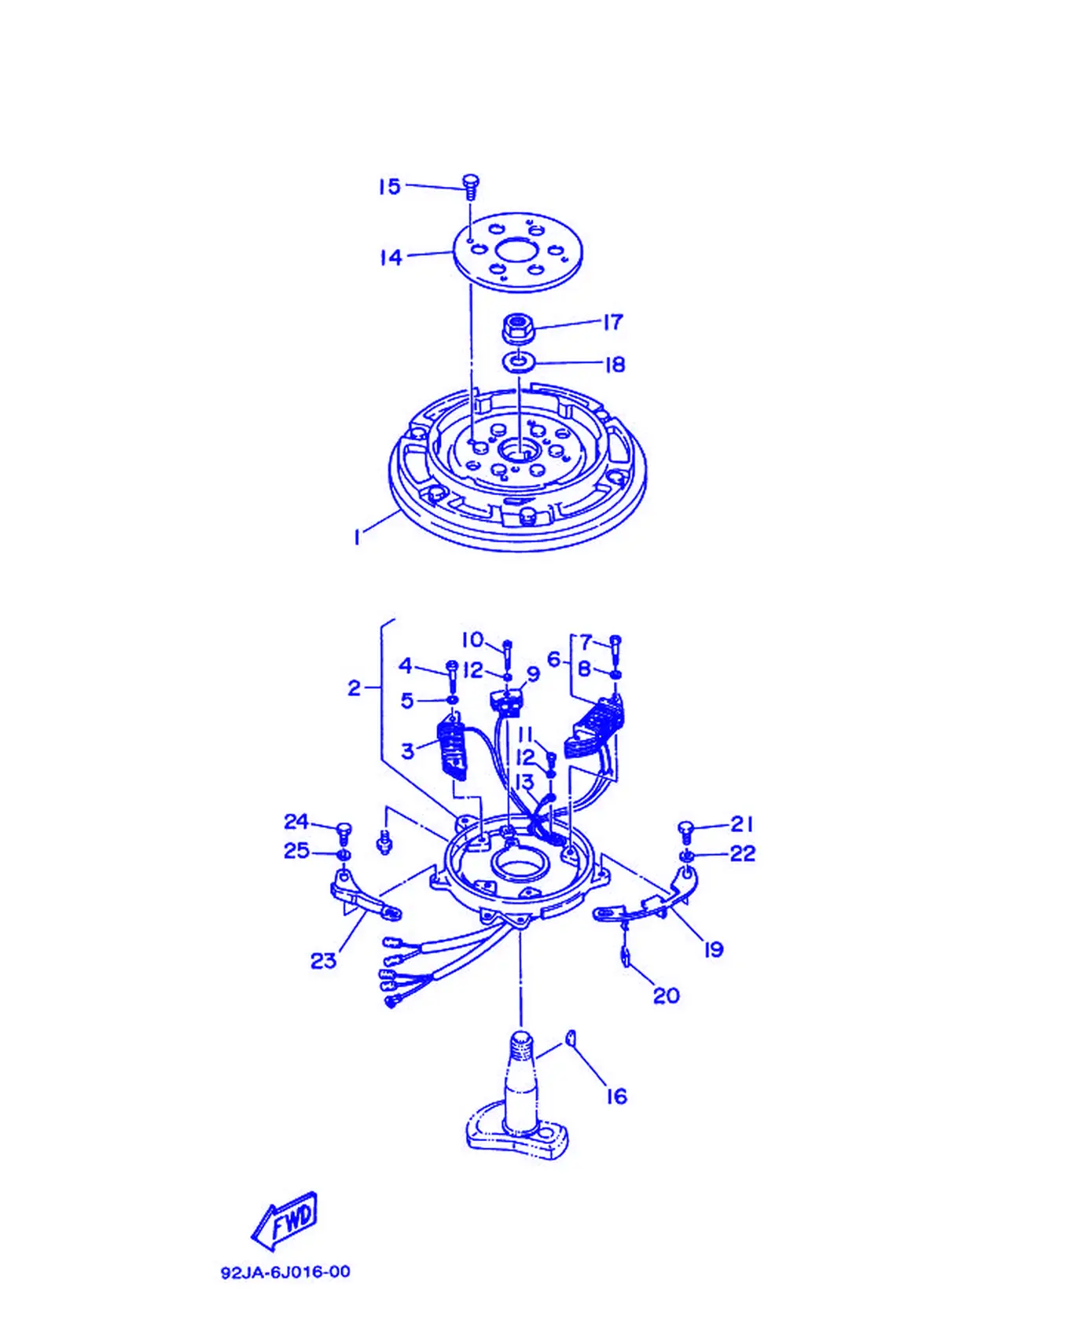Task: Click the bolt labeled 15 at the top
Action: [471, 188]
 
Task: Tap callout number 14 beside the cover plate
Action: [391, 257]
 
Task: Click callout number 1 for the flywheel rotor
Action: [357, 537]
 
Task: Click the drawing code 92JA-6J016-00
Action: [285, 1272]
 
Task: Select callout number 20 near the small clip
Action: [667, 995]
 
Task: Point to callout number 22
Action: [743, 853]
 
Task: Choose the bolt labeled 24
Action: [343, 834]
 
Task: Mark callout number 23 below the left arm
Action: [323, 960]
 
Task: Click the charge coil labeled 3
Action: [453, 748]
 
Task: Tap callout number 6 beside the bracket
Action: [553, 659]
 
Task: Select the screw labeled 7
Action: [615, 647]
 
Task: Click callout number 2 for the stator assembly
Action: [354, 688]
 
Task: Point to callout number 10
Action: [472, 640]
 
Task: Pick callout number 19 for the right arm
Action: [713, 950]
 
